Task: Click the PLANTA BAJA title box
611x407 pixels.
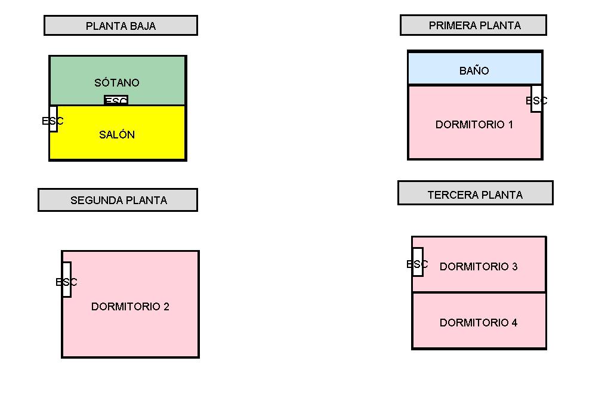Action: [x=121, y=26]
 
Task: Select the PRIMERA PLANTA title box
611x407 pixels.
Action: [x=473, y=25]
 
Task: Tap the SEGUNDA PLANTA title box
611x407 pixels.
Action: [x=118, y=200]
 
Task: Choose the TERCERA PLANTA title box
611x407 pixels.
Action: [x=475, y=193]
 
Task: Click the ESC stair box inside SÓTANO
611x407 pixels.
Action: [x=116, y=100]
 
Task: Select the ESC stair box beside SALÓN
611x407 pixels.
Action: [x=53, y=119]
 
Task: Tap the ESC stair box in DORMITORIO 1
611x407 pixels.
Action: [x=536, y=99]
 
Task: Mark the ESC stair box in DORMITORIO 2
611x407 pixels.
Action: [x=66, y=280]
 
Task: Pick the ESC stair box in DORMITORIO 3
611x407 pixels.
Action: [x=418, y=262]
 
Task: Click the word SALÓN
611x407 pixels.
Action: [x=117, y=135]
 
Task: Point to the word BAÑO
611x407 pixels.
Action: [x=474, y=71]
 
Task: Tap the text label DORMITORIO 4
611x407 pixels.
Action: [x=479, y=323]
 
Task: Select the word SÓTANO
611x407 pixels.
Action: [x=117, y=83]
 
